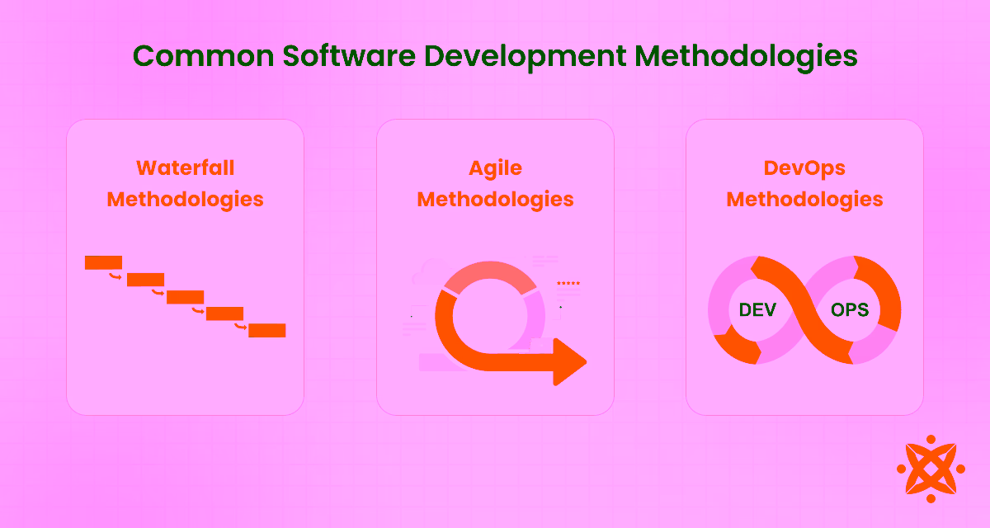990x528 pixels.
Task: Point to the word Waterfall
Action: [185, 167]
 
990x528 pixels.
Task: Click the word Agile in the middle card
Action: [495, 167]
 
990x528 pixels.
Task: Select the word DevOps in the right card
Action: [804, 167]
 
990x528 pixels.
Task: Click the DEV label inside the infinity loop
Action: [757, 310]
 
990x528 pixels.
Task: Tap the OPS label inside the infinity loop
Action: [850, 310]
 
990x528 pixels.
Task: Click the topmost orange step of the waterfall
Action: [103, 262]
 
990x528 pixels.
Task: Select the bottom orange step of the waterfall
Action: [266, 330]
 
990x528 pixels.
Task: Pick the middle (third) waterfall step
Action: [185, 297]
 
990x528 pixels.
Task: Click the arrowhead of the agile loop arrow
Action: [571, 361]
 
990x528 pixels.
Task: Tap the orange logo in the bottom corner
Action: [930, 469]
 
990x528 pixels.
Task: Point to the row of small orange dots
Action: [568, 283]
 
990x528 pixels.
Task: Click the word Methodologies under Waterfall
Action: [185, 199]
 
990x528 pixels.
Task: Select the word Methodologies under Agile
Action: [495, 199]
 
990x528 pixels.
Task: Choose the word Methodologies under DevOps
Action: [804, 199]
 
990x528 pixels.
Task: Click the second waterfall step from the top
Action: [145, 280]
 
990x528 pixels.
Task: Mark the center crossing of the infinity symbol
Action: [804, 309]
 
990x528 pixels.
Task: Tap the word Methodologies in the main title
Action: [747, 57]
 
